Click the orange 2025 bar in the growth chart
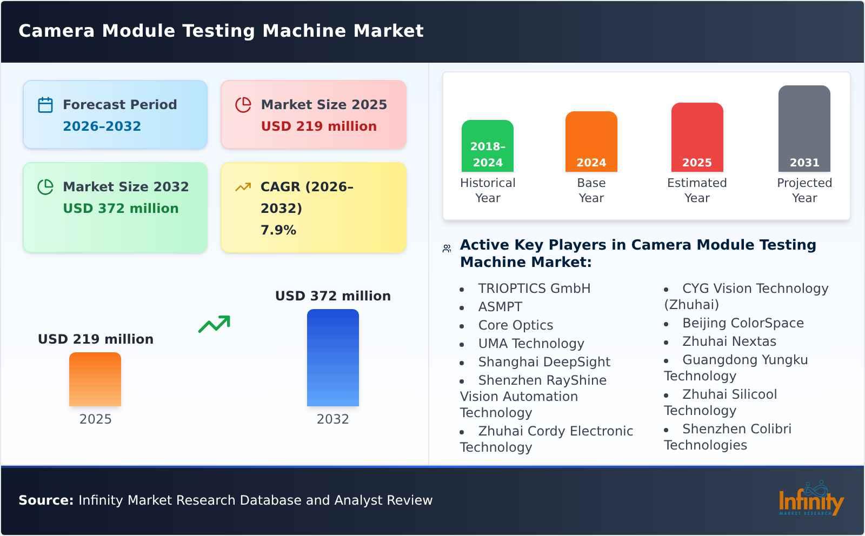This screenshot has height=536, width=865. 95,379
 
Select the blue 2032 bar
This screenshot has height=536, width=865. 332,358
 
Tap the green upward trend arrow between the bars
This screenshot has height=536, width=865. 214,324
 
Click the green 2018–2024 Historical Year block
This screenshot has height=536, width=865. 488,146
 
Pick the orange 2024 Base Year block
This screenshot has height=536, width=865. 591,142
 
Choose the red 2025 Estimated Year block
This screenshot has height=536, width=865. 697,137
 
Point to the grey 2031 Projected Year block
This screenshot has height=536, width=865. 804,129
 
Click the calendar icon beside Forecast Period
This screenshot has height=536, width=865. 45,105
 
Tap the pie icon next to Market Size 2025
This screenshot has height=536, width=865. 243,105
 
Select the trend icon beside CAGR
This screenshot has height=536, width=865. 243,187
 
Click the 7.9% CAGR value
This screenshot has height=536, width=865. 278,230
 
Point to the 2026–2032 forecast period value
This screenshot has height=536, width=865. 102,126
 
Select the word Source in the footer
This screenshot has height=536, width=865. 45,500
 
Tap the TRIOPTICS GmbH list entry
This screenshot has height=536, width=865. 534,289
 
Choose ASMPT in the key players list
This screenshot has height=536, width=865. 500,307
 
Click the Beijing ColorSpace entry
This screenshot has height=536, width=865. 743,323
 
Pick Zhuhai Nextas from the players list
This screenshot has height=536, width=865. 729,341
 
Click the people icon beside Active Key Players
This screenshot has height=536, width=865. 447,249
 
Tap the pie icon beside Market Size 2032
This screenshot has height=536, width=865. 45,187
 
